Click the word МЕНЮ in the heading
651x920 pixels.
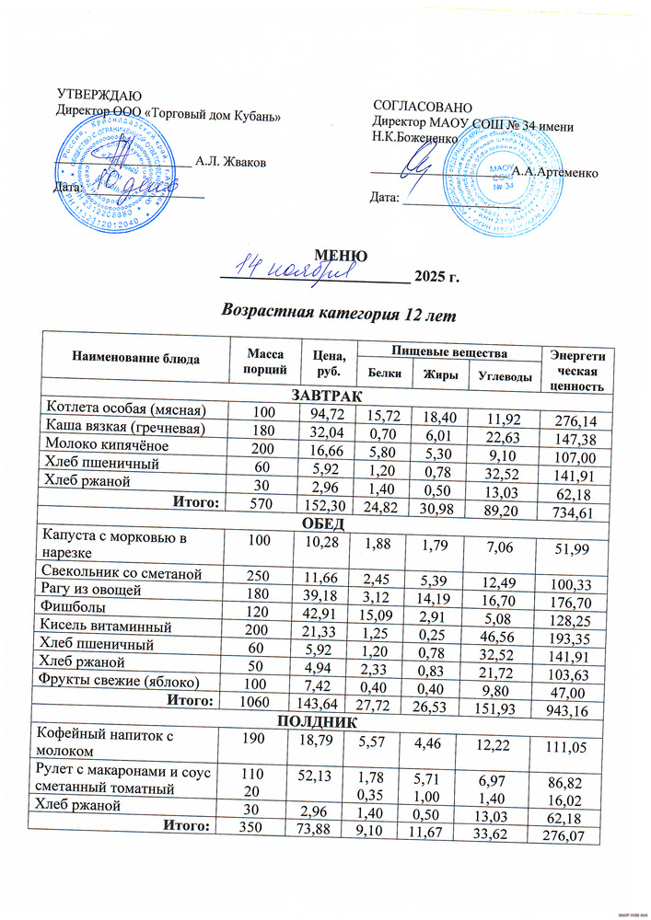[x=342, y=256]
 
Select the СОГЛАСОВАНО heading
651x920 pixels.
[x=423, y=107]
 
